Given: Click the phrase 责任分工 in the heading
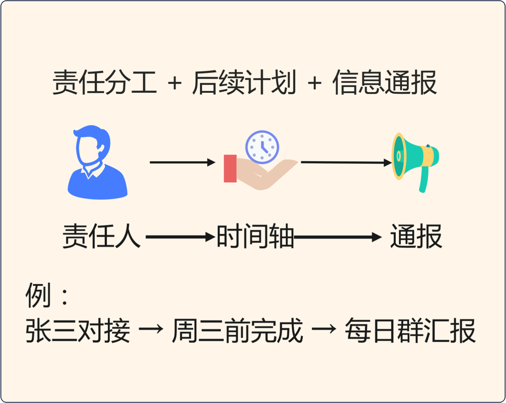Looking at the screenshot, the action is coord(105,83).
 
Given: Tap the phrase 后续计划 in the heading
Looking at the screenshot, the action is coord(244,83).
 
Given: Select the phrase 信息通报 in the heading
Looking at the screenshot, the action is coord(384,83).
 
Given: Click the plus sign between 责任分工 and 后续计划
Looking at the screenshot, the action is coord(174,83).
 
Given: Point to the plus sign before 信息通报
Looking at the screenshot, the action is coord(314,83).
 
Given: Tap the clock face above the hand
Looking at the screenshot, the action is coord(262,147).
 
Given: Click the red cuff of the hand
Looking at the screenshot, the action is coord(230,168).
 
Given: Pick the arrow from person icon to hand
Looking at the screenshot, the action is coord(182,162).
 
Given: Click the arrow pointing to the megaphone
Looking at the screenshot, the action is coord(346,162).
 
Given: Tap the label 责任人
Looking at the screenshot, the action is coord(102,236).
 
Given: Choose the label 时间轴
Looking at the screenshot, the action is coord(255,236).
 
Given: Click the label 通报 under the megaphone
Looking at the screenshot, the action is coord(416,236).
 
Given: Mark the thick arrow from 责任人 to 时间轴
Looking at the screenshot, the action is coord(180,237).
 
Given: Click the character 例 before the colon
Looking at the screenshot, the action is coord(38,295).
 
